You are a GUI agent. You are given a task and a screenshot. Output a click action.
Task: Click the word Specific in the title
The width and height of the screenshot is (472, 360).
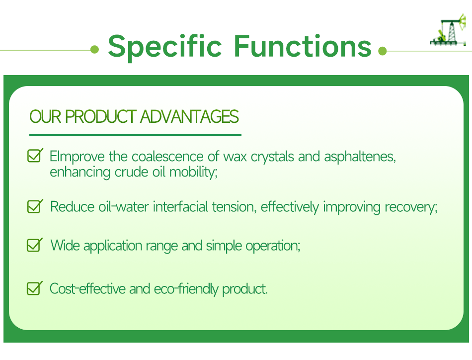164,47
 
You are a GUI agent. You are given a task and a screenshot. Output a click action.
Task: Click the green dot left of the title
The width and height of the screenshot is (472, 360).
94,49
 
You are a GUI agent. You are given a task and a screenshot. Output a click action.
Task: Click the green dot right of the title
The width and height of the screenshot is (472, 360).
382,51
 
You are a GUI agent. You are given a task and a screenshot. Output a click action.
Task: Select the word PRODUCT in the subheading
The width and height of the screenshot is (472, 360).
101,116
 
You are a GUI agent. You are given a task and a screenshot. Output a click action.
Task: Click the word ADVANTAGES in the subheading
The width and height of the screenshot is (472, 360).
189,116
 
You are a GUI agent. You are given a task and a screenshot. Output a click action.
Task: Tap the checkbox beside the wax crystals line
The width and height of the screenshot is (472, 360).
35,156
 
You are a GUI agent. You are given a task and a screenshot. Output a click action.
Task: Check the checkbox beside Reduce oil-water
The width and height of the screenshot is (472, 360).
35,206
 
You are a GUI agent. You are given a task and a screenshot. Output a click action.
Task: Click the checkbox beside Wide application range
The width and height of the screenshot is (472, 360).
35,245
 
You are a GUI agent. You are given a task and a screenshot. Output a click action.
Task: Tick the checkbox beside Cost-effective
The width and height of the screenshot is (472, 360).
35,288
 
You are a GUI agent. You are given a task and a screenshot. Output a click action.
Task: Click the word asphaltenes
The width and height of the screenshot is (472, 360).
360,157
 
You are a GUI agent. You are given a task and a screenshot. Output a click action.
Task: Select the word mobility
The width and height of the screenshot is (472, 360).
193,173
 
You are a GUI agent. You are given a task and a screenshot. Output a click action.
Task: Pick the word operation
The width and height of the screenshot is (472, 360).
273,246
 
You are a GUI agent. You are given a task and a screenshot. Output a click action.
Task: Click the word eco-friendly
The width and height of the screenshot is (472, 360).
186,289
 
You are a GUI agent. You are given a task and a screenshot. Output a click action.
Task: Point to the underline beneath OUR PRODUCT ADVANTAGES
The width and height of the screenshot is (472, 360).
135,135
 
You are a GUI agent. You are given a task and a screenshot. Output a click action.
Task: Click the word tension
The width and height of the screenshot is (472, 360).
234,207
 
